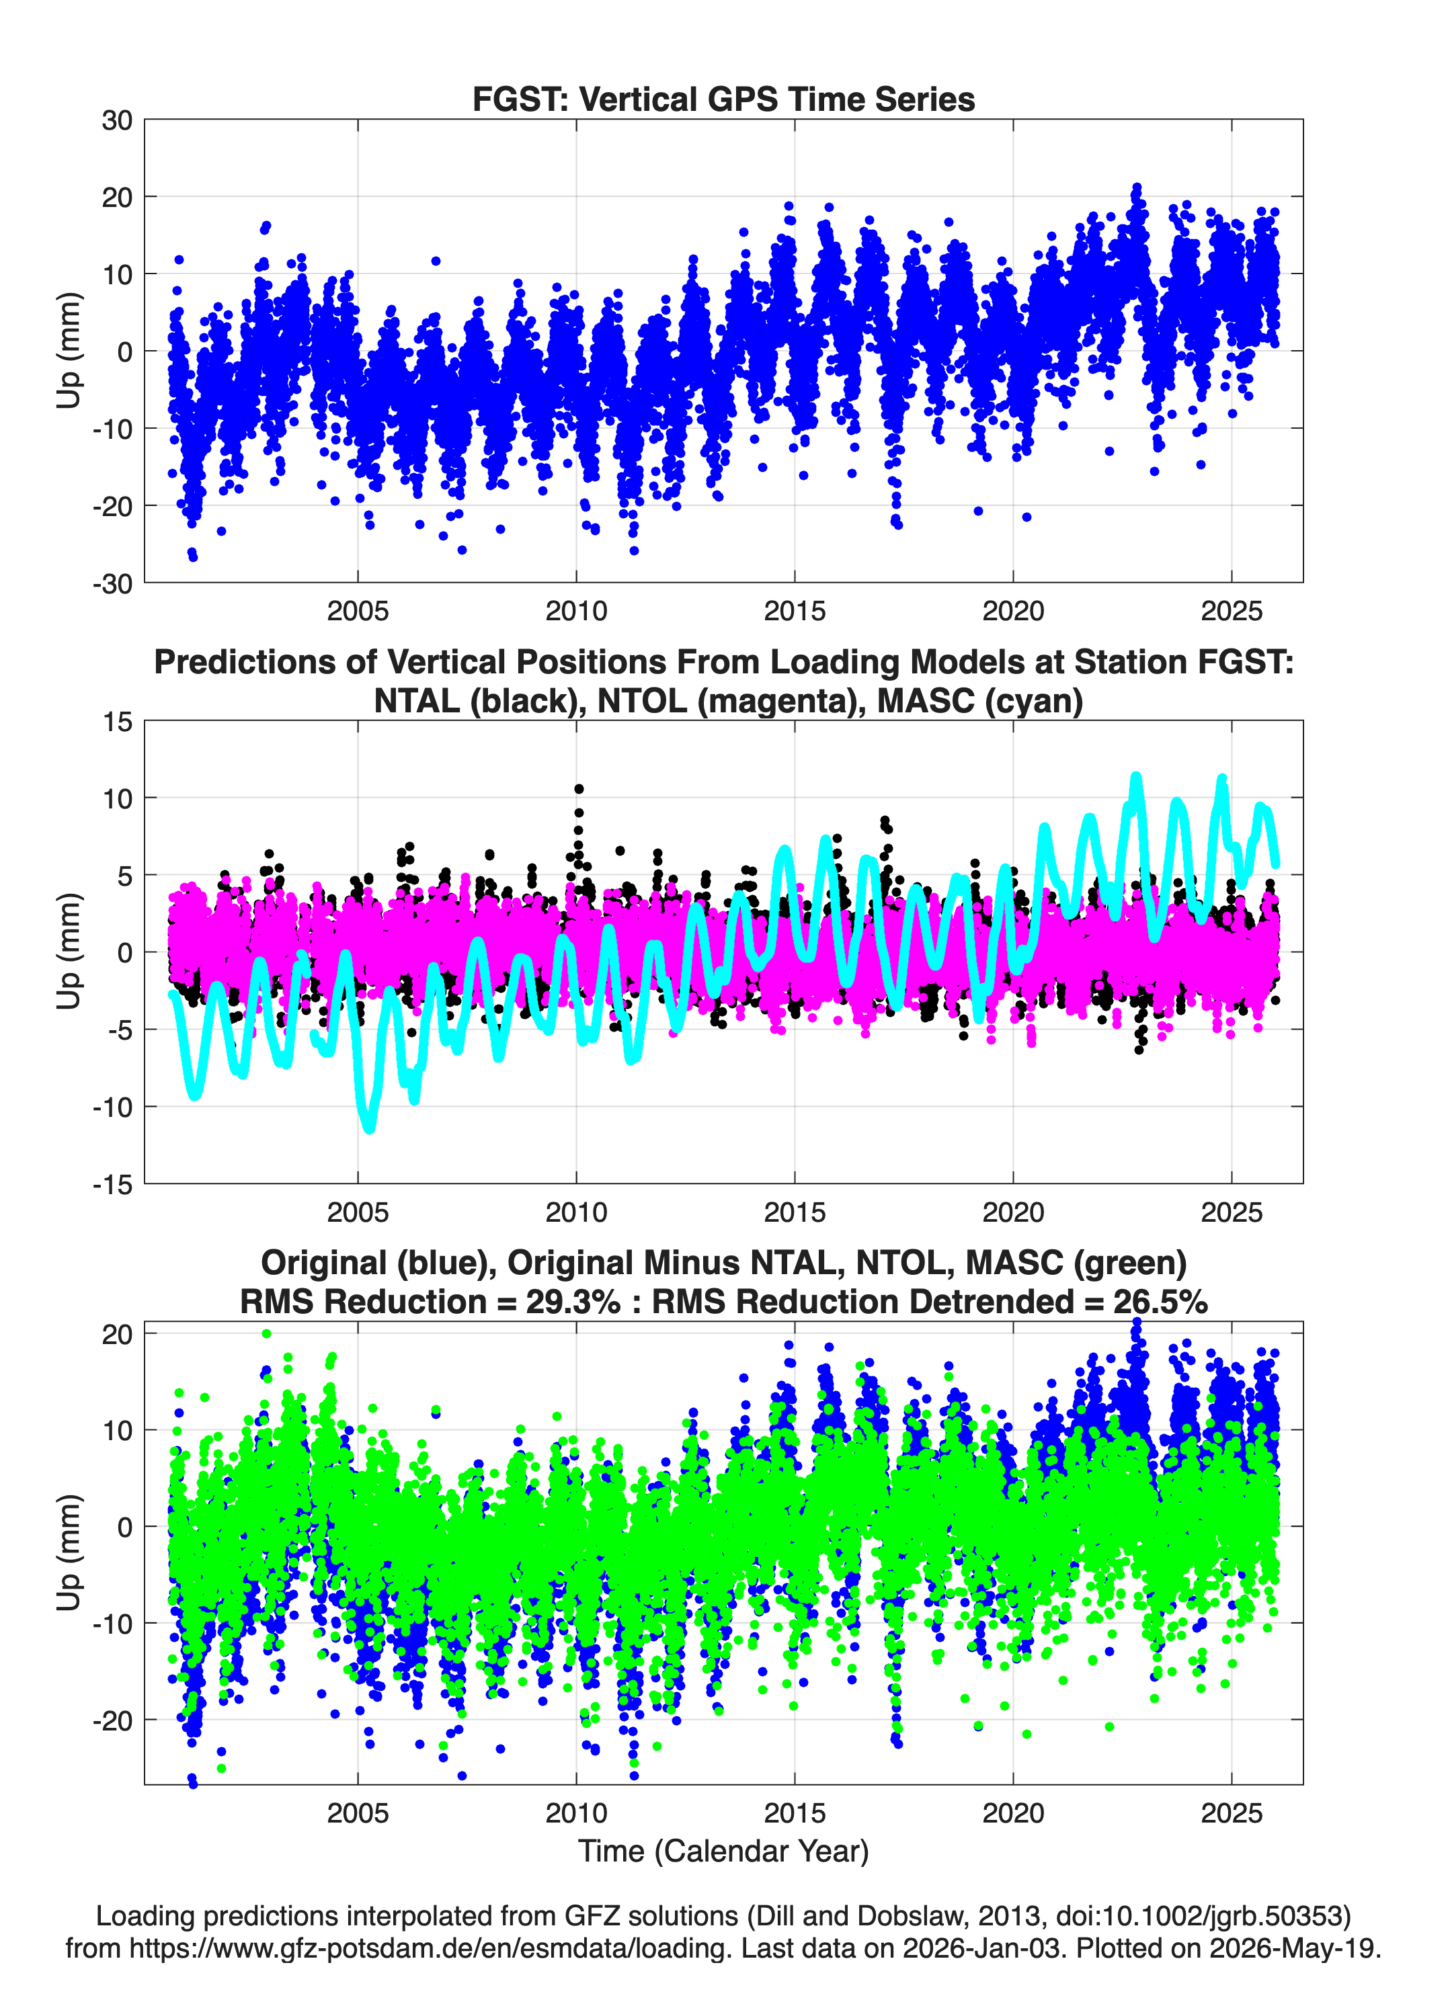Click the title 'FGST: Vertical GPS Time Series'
click(x=723, y=99)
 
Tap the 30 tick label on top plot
click(x=117, y=120)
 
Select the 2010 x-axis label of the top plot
click(x=576, y=611)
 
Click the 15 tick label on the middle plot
click(x=117, y=721)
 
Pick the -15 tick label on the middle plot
click(x=112, y=1184)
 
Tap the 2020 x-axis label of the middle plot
click(x=1013, y=1212)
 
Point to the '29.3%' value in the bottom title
click(x=573, y=1302)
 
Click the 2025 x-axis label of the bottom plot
click(x=1232, y=1812)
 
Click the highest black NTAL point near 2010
click(x=579, y=789)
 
